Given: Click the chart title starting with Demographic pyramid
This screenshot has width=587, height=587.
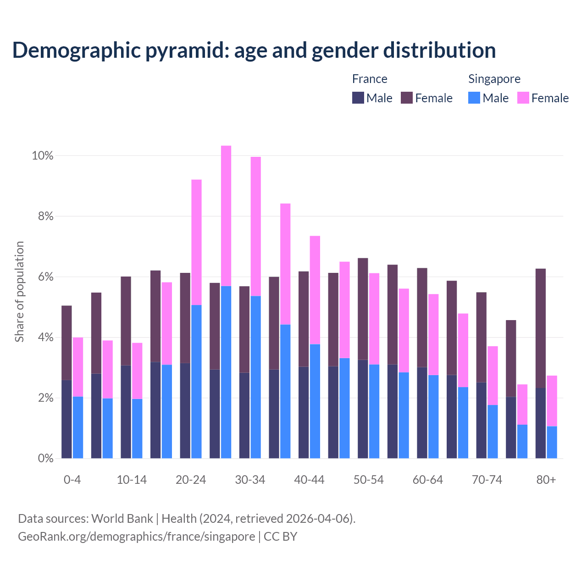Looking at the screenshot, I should coord(254,50).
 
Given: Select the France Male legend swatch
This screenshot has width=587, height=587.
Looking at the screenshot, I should coord(358,98).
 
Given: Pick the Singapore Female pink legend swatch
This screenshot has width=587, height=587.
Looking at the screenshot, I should coord(523,98).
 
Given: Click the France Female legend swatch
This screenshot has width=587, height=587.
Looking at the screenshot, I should coord(407,98).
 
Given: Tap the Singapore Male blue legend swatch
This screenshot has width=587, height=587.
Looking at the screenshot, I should coord(474,98).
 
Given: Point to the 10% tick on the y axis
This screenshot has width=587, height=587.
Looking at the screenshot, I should coord(43,156).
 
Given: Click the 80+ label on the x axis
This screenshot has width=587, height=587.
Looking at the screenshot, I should coord(546,480).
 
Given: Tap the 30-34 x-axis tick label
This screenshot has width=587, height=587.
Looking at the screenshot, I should coord(250,480).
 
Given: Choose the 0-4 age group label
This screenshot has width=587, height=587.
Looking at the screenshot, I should coord(72,480).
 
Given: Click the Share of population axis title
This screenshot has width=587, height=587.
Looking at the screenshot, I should coord(20,292).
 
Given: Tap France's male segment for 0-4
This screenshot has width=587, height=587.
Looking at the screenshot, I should coord(66,419).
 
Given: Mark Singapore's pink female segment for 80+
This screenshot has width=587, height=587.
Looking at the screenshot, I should coord(552,401).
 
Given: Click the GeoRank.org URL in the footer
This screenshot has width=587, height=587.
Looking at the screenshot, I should coord(136,537).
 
